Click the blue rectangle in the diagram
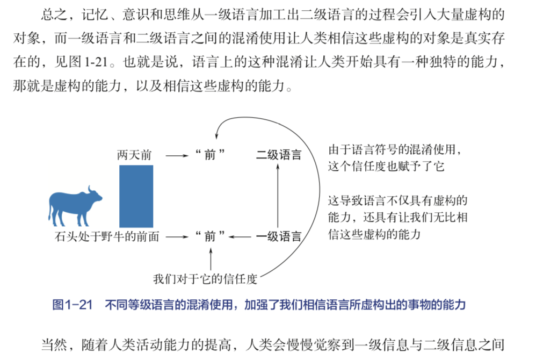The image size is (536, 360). click(x=136, y=196)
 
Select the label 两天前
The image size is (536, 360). click(x=134, y=156)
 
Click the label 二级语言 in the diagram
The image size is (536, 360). click(x=278, y=156)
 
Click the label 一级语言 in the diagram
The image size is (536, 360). click(x=278, y=236)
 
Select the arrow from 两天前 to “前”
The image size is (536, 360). click(x=176, y=156)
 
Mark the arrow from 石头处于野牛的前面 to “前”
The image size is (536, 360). click(x=176, y=236)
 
